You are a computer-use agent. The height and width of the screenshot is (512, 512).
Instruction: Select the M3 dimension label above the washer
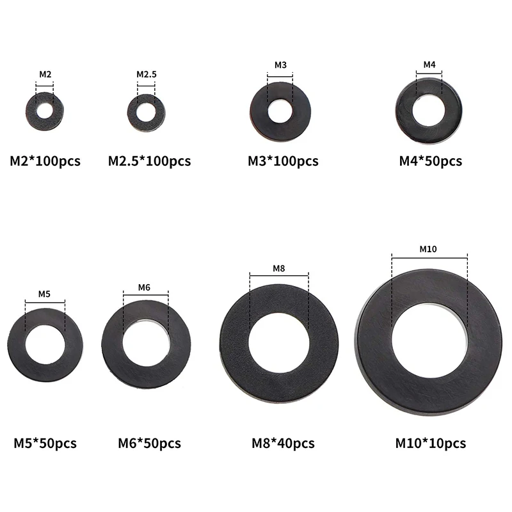coord(280,65)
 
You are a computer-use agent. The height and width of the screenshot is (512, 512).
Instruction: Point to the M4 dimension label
coord(429,65)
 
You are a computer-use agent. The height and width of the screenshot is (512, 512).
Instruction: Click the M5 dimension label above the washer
coord(44,294)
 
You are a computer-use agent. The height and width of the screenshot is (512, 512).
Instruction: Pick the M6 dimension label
coord(144,287)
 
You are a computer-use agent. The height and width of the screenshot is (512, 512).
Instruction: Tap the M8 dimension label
coord(278,268)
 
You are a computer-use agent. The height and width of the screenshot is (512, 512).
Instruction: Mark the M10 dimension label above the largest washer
coord(428,249)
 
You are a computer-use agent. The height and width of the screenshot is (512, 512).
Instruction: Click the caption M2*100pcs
coord(45,161)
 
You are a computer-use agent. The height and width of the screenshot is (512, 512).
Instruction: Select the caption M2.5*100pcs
coord(149,161)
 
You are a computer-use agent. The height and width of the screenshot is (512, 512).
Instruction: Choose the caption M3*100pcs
coord(283,161)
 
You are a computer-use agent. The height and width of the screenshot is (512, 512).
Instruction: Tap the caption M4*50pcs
coord(430,161)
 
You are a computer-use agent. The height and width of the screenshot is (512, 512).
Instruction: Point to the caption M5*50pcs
coord(45,443)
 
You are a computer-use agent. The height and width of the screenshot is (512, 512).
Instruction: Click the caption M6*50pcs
coord(149,443)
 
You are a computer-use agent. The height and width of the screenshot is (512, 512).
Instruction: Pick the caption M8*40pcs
coord(282,443)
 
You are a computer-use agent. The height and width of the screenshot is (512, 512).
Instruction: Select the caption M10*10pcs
coord(430,443)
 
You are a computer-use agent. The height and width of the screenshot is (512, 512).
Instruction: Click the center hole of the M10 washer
coord(429,335)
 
